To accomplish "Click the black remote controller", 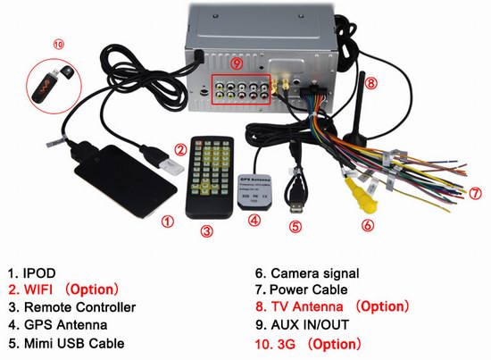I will (x=214, y=179).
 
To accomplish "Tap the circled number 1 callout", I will (x=165, y=219).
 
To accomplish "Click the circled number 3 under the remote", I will (x=206, y=231).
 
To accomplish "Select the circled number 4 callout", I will (x=254, y=220).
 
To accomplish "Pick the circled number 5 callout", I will (x=295, y=226).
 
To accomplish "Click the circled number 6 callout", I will (x=367, y=225).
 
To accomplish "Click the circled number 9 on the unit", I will (x=237, y=64).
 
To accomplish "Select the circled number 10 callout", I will (x=34, y=43).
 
